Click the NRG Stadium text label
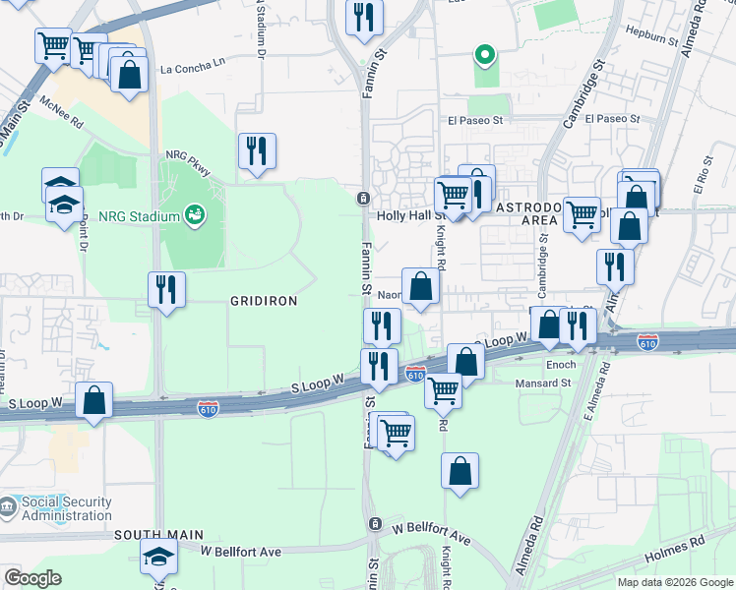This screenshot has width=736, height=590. pyautogui.click(x=139, y=216)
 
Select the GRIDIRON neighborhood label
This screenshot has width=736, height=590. pyautogui.click(x=264, y=301)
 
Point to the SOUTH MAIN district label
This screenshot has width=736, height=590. pyautogui.click(x=151, y=534)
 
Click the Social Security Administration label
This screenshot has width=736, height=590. pyautogui.click(x=67, y=508)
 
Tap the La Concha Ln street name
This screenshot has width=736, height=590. pyautogui.click(x=193, y=69)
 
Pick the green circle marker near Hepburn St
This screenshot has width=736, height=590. pyautogui.click(x=483, y=55)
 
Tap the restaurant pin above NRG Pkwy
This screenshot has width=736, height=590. pyautogui.click(x=257, y=150)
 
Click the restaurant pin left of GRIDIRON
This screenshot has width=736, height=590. pyautogui.click(x=165, y=289)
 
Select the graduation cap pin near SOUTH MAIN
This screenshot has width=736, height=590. pyautogui.click(x=158, y=556)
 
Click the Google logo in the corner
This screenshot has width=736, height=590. pyautogui.click(x=32, y=578)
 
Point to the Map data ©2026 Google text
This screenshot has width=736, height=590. pyautogui.click(x=674, y=582)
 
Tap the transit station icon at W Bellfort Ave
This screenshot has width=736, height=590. pyautogui.click(x=374, y=524)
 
